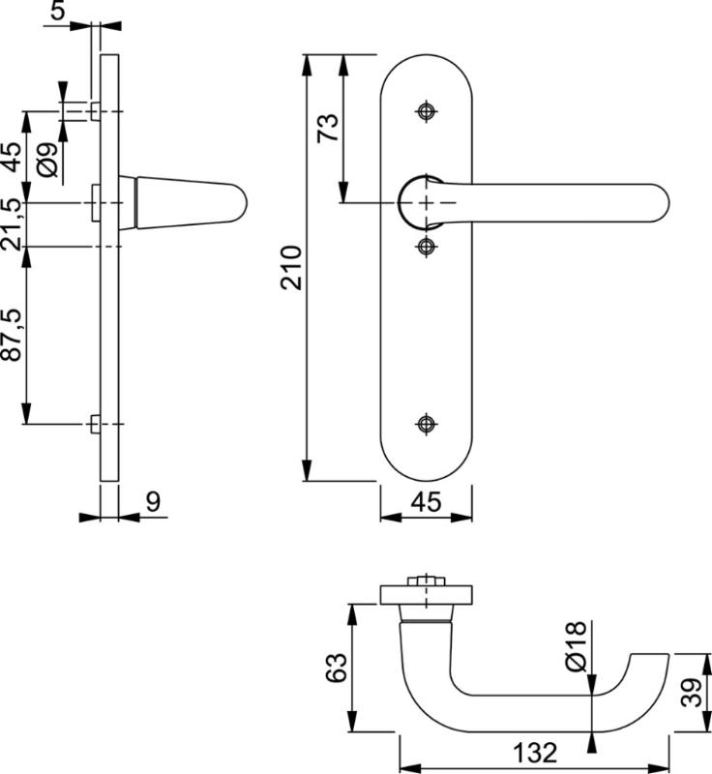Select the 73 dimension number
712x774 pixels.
[x=329, y=128]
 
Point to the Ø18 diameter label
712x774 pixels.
[x=575, y=649]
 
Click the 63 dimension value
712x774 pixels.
[x=334, y=669]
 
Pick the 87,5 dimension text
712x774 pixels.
[x=12, y=335]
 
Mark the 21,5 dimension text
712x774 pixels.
[x=12, y=223]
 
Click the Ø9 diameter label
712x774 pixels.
[x=48, y=161]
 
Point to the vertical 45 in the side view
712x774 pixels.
[x=12, y=156]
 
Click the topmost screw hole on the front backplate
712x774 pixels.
[x=426, y=111]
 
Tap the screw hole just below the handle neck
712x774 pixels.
[x=426, y=247]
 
